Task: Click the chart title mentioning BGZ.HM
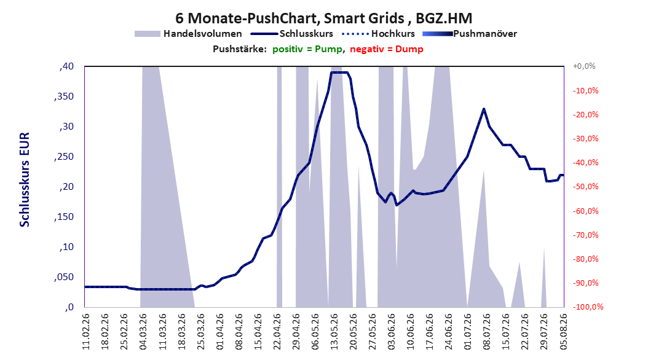pos(323,18)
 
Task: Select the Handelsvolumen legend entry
pos(189,34)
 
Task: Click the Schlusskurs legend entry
pos(292,34)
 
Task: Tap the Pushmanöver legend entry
pos(470,34)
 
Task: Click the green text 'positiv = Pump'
pos(307,49)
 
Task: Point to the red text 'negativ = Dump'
pos(387,49)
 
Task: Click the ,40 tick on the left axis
pos(66,66)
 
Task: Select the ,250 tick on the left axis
pos(64,157)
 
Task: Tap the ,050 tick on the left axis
pos(64,277)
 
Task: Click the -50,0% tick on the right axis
pos(585,187)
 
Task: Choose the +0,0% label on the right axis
pos(583,66)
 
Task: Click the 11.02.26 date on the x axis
pos(86,332)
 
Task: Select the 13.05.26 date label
pos(334,332)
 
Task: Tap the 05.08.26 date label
pos(563,332)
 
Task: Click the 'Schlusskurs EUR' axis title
pos(25,179)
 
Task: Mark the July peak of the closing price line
pos(483,109)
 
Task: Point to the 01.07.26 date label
pos(468,332)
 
